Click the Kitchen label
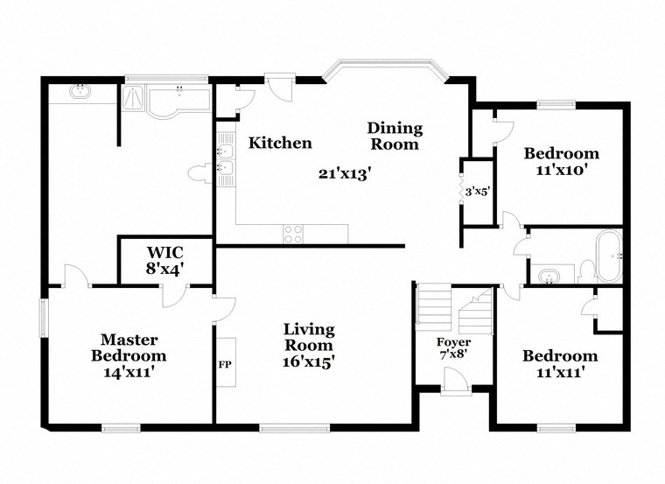pos(280,143)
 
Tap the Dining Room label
pos(394,137)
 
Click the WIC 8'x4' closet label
pos(165,260)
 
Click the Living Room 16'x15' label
pos(309,344)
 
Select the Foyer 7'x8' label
pos(454,348)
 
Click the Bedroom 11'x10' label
pos(561,162)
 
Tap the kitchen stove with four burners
pos(292,234)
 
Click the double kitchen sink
pos(225,158)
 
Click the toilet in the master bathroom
pos(200,174)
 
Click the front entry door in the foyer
pos(456,382)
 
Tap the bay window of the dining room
pos(386,69)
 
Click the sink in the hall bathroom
pos(549,277)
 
